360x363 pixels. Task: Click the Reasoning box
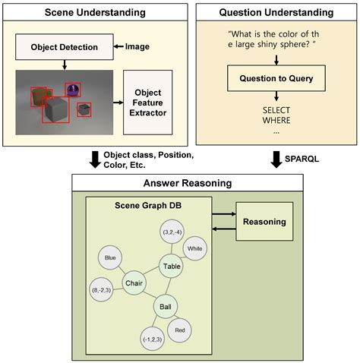(x=264, y=222)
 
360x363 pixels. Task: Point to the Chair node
(x=133, y=283)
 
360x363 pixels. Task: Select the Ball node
(x=166, y=308)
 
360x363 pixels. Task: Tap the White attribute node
(x=194, y=248)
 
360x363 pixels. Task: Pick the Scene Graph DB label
(x=149, y=205)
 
